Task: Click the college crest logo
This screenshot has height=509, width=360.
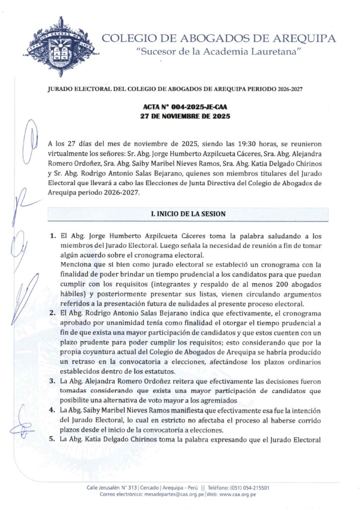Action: tap(60, 46)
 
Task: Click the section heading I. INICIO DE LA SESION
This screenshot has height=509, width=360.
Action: tap(188, 214)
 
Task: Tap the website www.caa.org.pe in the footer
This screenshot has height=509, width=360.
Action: tap(238, 495)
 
